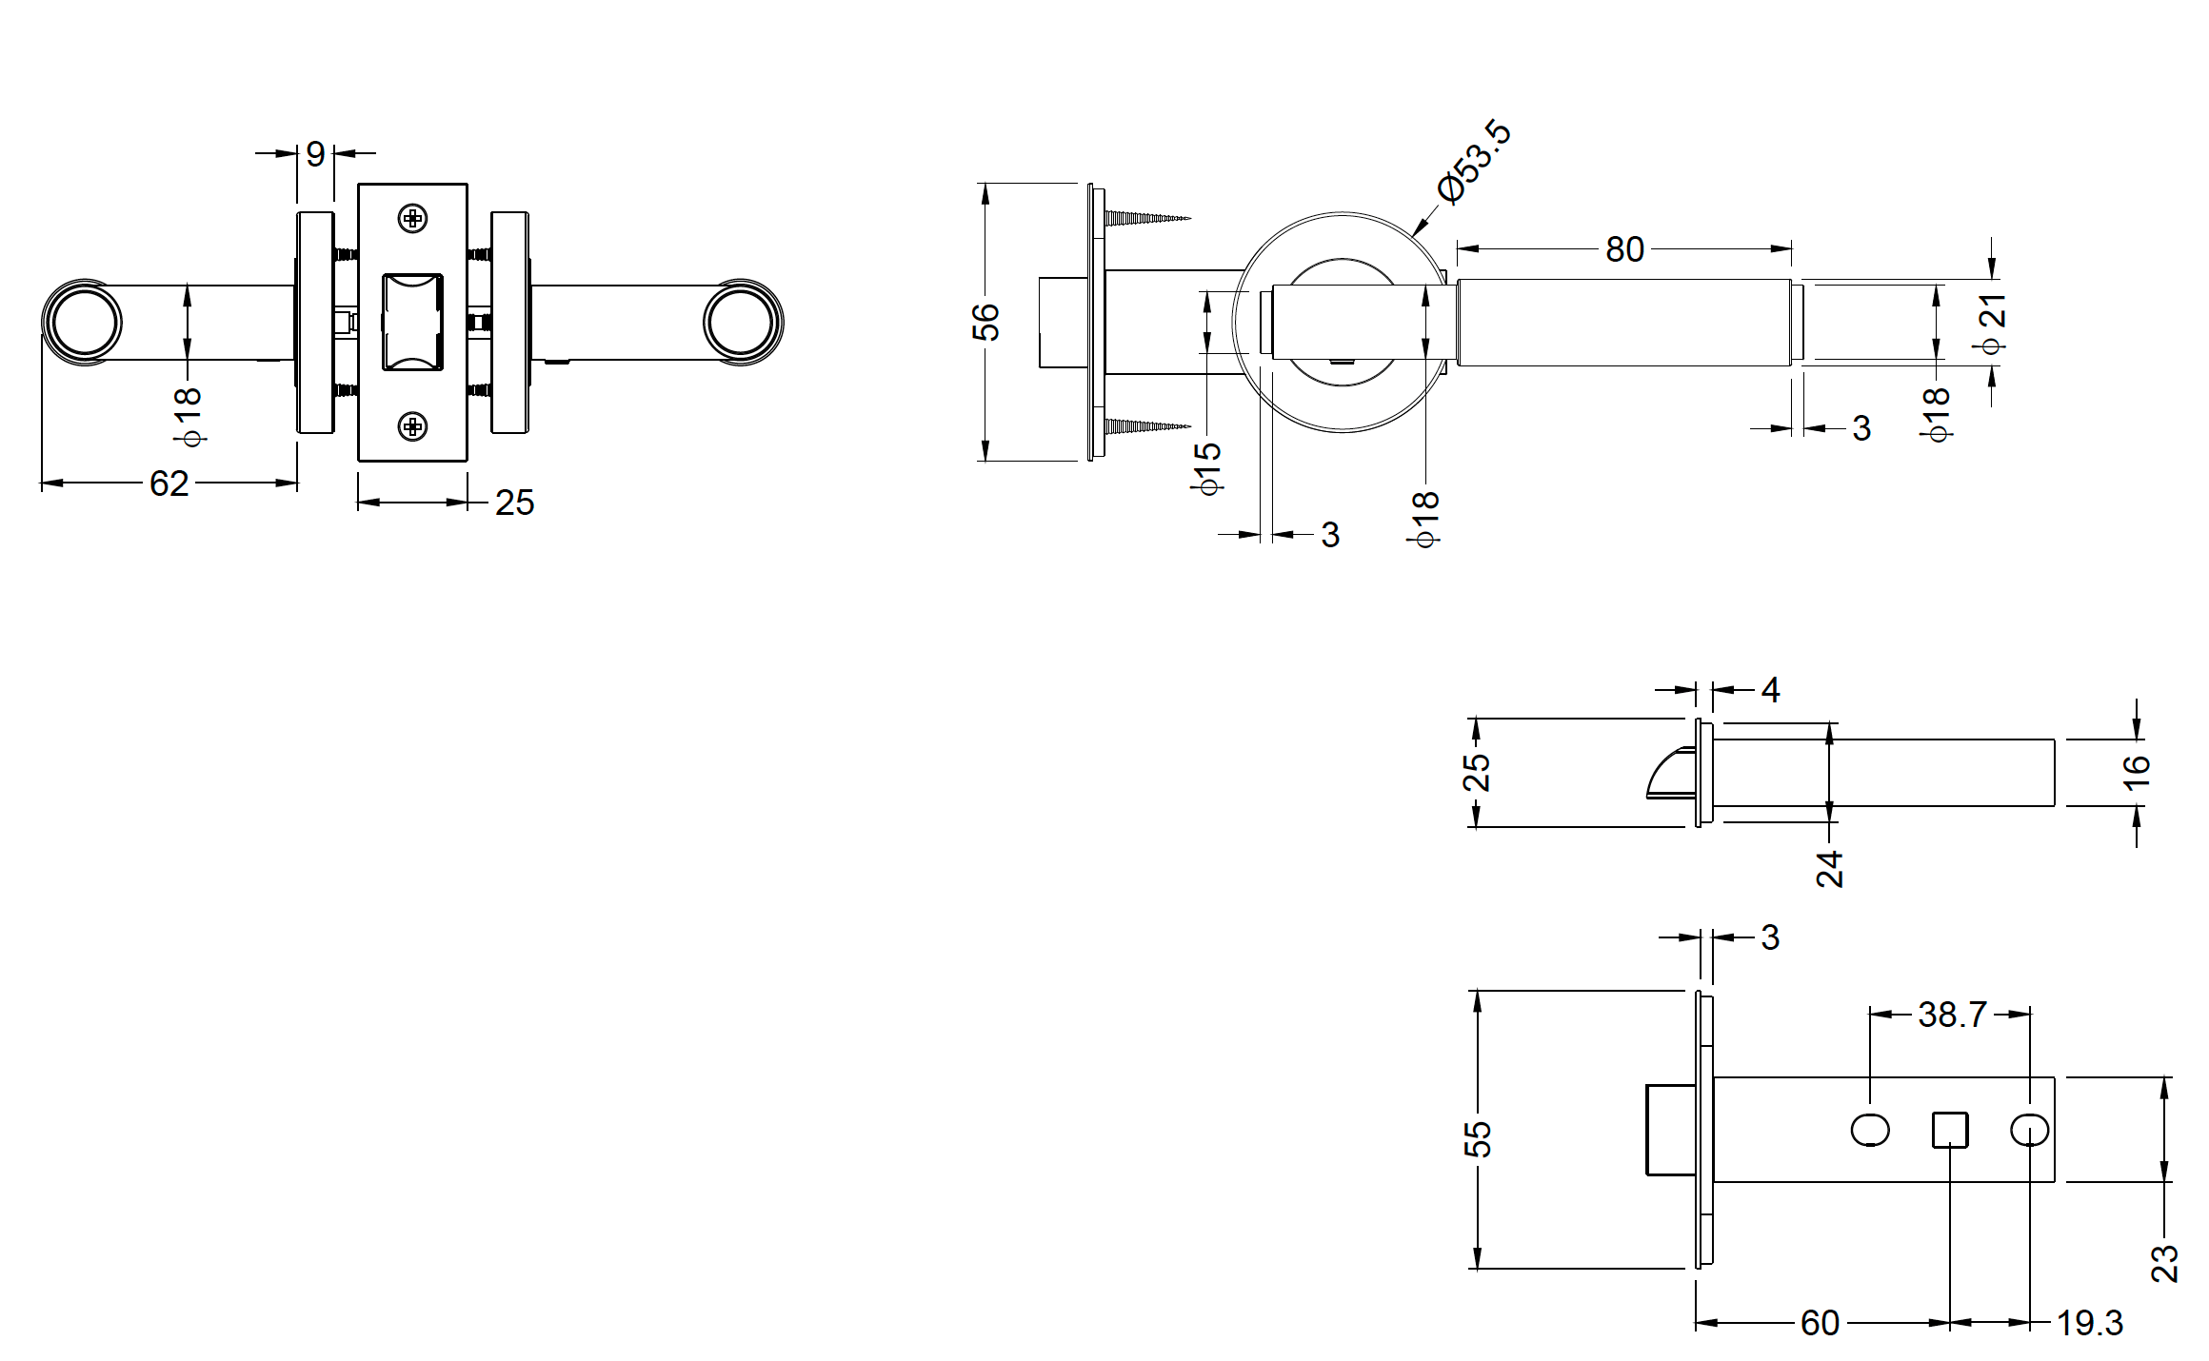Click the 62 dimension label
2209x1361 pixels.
169,483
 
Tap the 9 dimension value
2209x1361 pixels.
315,153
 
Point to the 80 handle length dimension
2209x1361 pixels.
1624,249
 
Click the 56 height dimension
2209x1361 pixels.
985,322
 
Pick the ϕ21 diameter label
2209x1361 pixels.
1992,324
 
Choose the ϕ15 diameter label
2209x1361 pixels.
1207,466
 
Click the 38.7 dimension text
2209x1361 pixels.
1951,1015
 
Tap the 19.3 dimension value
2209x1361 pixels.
2089,1323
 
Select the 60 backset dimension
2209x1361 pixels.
1820,1323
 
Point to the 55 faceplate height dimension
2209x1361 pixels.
1477,1139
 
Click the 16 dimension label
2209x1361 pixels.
2137,771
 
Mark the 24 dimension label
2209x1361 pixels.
1829,869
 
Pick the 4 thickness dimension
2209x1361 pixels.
1770,689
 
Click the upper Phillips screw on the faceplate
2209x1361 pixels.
412,219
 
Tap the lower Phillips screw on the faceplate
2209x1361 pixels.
412,426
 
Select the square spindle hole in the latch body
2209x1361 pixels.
1949,1131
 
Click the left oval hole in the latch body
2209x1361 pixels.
1870,1131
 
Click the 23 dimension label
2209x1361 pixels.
2164,1263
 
